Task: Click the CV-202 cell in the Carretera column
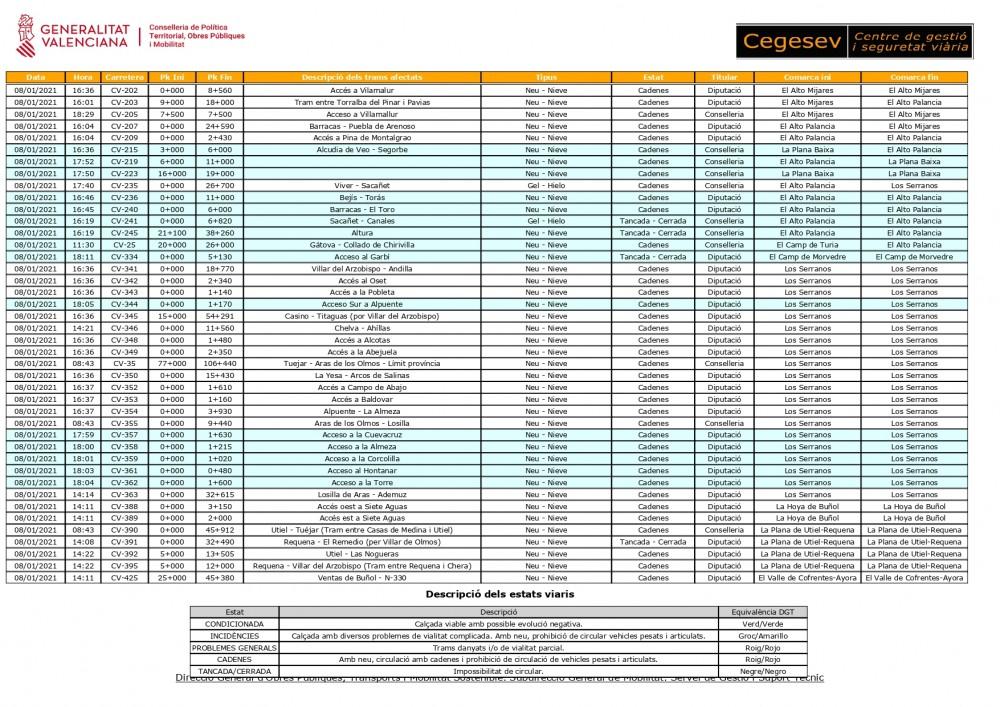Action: point(124,90)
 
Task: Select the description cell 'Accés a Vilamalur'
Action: point(362,90)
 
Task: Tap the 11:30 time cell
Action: point(83,245)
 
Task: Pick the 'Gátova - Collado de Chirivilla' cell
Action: point(362,245)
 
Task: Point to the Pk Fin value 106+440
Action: point(220,364)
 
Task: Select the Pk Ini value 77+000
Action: point(172,364)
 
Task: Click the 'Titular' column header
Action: point(724,77)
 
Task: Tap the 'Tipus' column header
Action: point(547,77)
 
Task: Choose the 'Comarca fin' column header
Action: point(914,77)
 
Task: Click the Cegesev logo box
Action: point(854,41)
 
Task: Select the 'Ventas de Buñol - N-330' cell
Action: point(362,577)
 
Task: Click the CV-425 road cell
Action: point(124,577)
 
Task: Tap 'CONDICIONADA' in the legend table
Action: point(234,624)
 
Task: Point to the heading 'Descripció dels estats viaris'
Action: point(499,594)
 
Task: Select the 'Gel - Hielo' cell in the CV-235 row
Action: point(547,185)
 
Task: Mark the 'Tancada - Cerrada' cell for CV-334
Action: point(653,257)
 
